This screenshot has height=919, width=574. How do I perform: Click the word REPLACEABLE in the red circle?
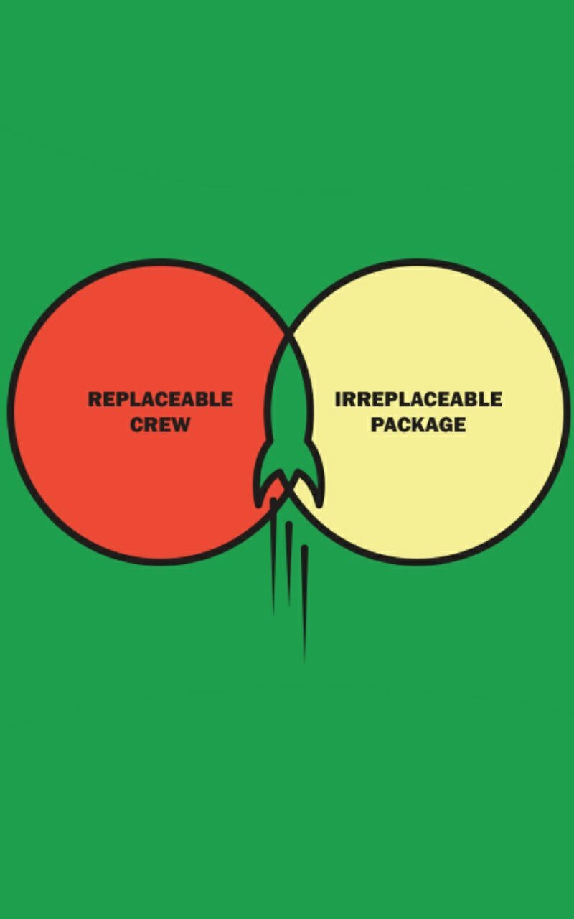[x=160, y=399]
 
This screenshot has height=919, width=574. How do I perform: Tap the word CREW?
[x=160, y=424]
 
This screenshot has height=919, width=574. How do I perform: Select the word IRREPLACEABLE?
[x=418, y=399]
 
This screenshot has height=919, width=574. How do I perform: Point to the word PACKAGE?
[x=418, y=424]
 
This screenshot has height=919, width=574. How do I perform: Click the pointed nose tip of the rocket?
[x=288, y=333]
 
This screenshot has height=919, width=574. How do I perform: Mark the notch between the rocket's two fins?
[x=288, y=484]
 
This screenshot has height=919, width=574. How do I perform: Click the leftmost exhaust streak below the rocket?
[x=273, y=556]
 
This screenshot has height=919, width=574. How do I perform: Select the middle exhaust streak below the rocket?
[x=288, y=564]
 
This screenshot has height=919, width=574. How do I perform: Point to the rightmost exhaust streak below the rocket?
[x=304, y=603]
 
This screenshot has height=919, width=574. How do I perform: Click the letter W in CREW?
[x=180, y=424]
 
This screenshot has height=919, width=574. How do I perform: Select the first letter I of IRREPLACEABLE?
[x=337, y=399]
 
